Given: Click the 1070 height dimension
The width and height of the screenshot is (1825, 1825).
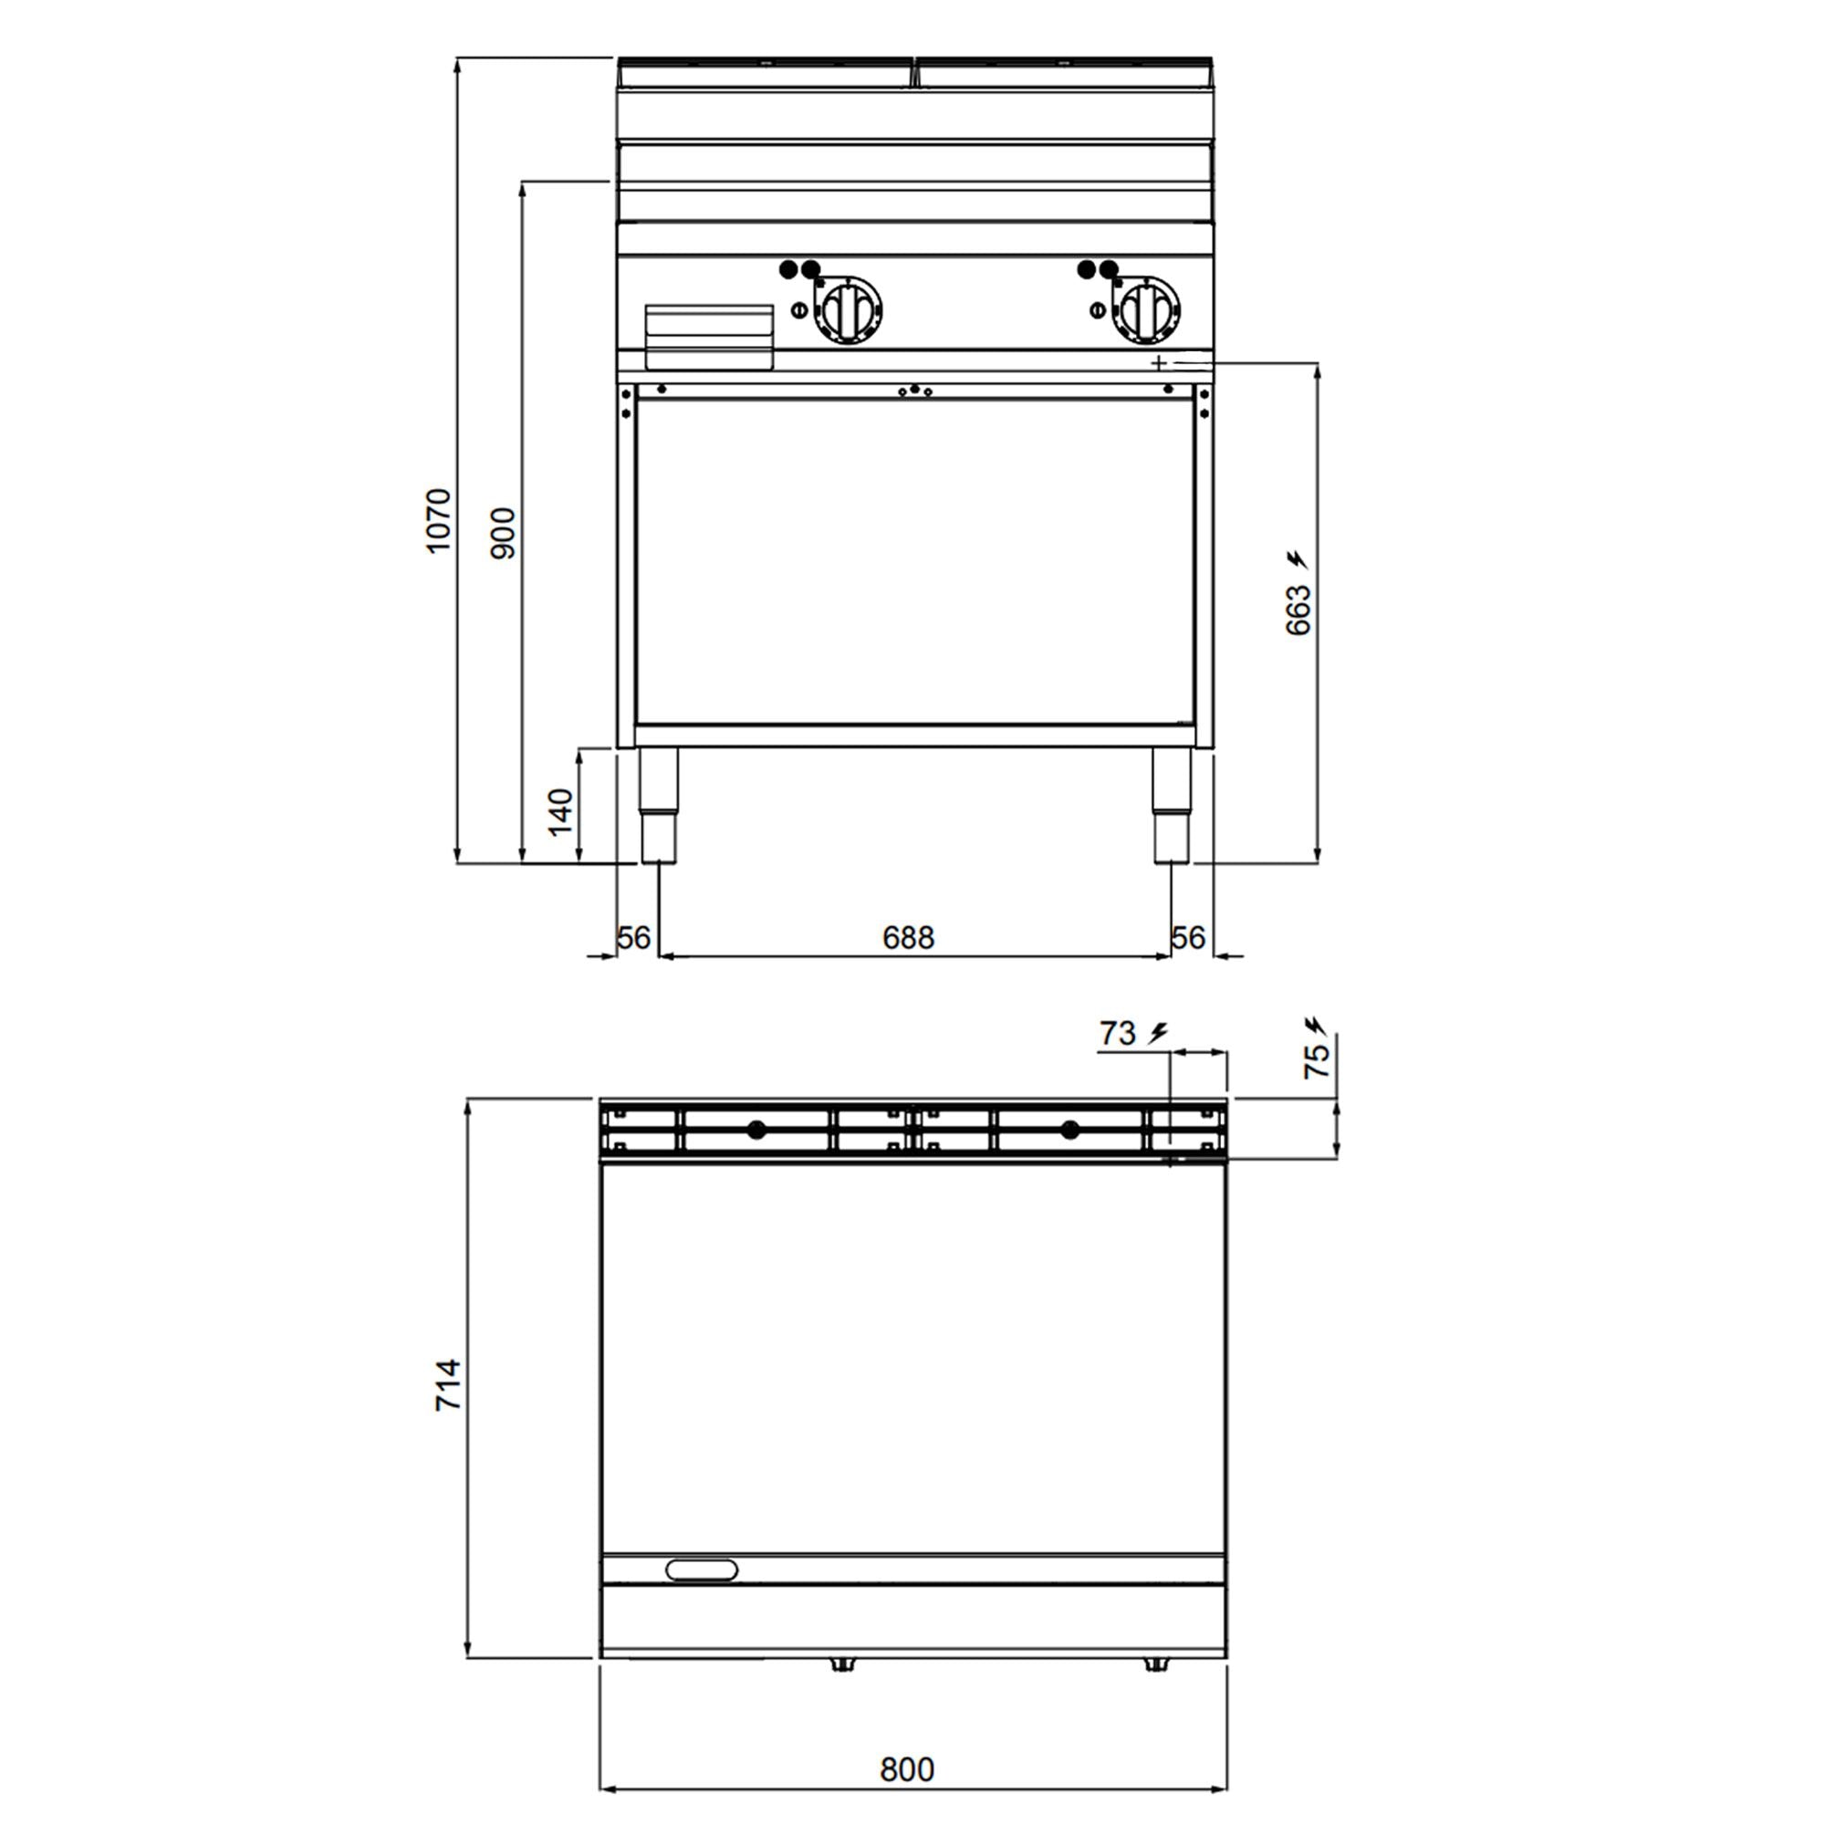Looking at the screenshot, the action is coord(439,520).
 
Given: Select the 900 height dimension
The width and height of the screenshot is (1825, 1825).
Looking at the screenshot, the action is coord(505,534).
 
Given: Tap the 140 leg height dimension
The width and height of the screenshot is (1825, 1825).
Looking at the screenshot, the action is coord(561,811).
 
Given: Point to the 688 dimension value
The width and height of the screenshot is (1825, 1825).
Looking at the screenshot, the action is coord(908,937).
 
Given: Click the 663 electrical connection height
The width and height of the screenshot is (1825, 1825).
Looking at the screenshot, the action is coord(1298,610).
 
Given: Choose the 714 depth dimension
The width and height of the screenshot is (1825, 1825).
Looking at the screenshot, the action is coord(448,1385).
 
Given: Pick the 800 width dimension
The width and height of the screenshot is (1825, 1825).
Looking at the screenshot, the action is coord(907,1769).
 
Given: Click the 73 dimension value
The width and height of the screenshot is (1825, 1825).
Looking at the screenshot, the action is coord(1118,1034).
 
